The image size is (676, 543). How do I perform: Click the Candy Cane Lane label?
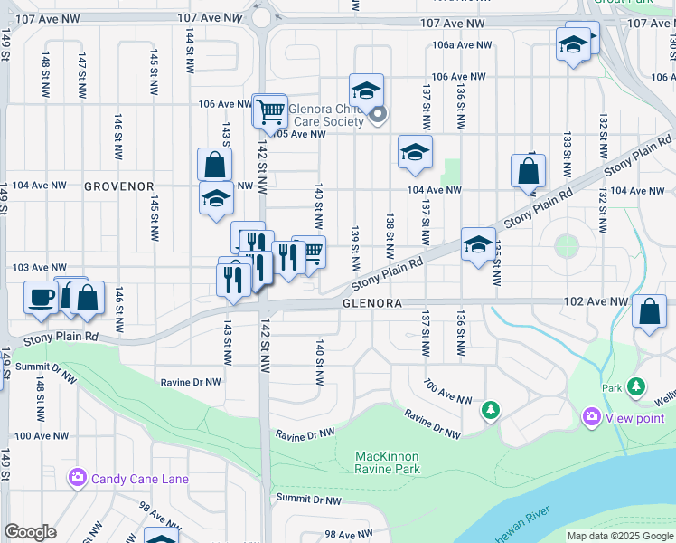pos(136,477)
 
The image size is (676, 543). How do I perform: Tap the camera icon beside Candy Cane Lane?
pos(77,477)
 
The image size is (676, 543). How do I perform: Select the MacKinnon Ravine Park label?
pos(388,462)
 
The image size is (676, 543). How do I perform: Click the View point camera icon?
pos(592,416)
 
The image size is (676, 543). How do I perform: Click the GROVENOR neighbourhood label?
pos(119,186)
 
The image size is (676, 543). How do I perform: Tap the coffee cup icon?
pos(42,298)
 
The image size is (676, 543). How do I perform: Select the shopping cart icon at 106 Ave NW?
pos(269,112)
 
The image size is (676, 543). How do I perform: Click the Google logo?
pos(30,532)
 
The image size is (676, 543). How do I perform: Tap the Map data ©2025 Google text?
pos(620,536)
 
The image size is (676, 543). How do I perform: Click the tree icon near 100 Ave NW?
pos(491,411)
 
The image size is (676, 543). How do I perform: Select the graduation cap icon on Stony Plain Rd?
pos(478,243)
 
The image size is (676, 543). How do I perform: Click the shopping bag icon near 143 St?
pos(215,166)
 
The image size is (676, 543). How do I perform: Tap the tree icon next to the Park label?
pos(637,386)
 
